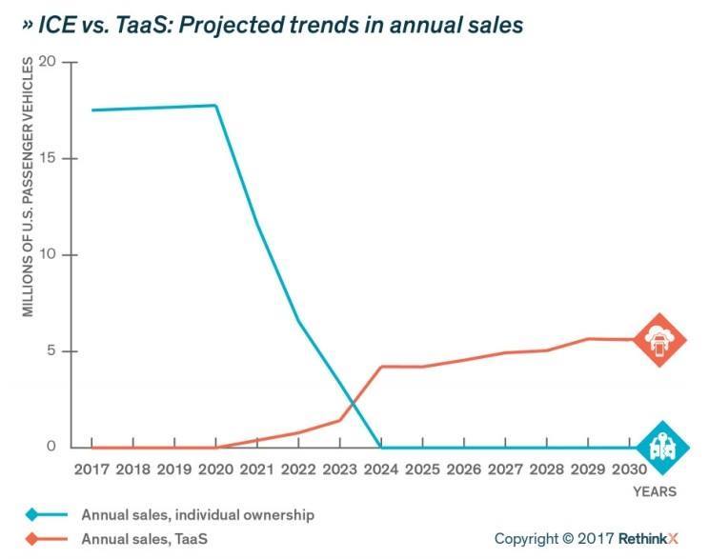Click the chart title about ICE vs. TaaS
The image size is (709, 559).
click(273, 25)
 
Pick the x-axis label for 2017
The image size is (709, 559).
click(91, 469)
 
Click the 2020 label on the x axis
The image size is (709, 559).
click(216, 469)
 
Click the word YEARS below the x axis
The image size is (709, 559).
click(655, 492)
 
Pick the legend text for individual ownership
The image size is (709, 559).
click(197, 515)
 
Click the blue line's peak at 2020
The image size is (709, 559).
click(216, 106)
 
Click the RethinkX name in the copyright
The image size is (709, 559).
click(648, 538)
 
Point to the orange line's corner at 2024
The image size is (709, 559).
click(382, 367)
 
